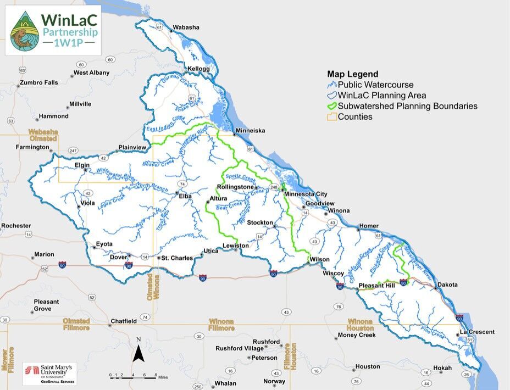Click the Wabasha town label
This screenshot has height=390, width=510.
(186, 27)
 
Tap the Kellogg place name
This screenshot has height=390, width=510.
(199, 69)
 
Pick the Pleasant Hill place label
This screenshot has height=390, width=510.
(376, 286)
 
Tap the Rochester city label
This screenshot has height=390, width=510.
(16, 226)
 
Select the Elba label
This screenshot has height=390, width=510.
(186, 194)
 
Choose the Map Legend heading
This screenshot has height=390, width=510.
(352, 74)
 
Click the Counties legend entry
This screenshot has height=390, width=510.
(354, 116)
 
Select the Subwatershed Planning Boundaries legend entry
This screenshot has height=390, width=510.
(407, 106)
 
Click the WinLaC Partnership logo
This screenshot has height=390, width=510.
(53, 30)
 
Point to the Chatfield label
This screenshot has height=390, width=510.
(123, 321)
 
